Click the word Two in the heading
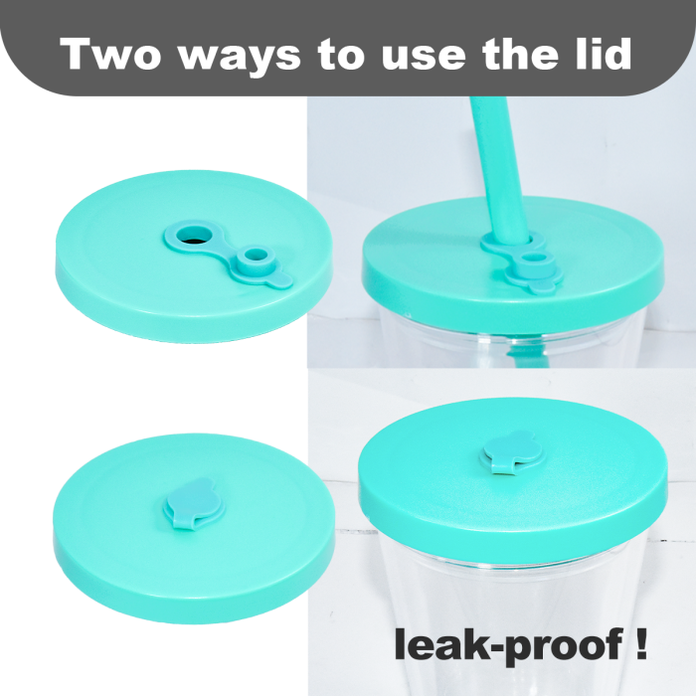pyautogui.click(x=110, y=54)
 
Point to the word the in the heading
pyautogui.click(x=521, y=54)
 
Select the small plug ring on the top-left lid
pyautogui.click(x=255, y=259)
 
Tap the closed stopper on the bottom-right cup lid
pyautogui.click(x=513, y=452)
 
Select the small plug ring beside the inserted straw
pyautogui.click(x=534, y=260)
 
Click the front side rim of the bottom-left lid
pyautogui.click(x=193, y=591)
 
